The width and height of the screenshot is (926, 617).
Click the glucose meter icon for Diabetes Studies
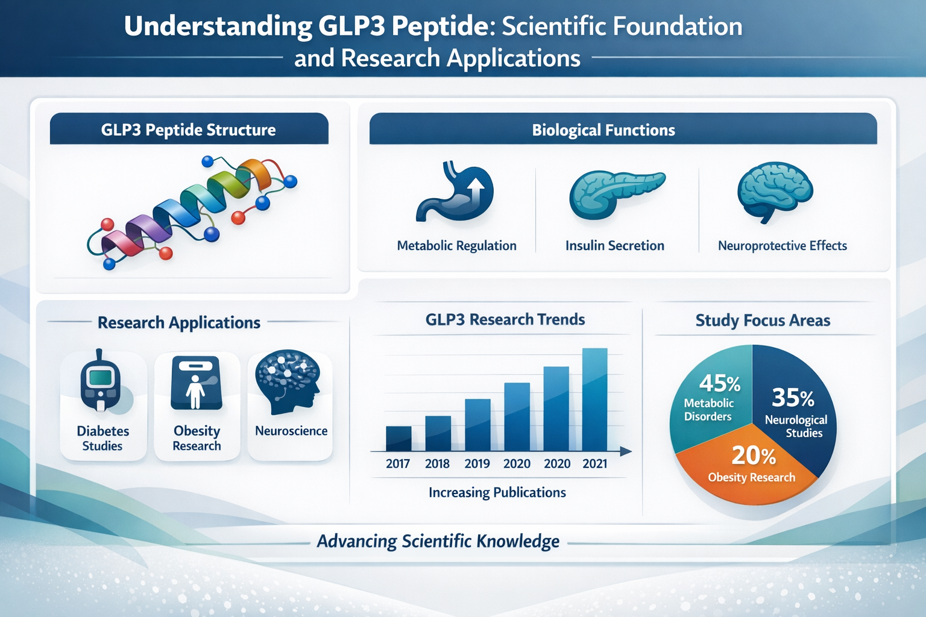(100, 382)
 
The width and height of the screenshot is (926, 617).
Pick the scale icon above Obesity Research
(197, 383)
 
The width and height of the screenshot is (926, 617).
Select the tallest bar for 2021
(594, 400)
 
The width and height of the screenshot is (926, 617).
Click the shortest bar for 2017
(398, 439)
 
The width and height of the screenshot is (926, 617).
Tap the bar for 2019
(477, 425)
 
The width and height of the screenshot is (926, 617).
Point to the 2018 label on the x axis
(437, 463)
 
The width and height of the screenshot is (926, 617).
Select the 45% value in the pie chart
(720, 383)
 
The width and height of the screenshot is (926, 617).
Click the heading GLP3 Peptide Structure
(188, 130)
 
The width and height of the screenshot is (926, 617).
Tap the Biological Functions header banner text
(603, 130)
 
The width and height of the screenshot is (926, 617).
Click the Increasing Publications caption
(497, 492)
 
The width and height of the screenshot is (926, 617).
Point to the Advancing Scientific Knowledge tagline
(438, 541)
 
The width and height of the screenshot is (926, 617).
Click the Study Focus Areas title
(763, 321)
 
